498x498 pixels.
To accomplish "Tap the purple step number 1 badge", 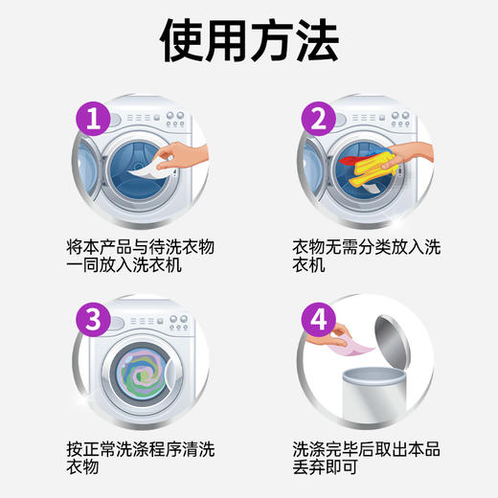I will [x=93, y=120].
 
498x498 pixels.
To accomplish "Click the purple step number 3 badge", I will [x=93, y=321].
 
